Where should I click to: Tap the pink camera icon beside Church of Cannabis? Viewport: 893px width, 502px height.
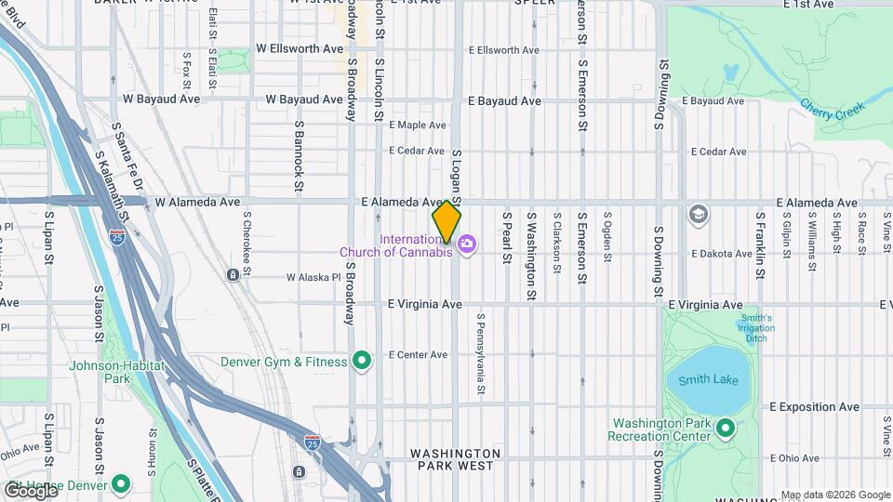click(x=467, y=244)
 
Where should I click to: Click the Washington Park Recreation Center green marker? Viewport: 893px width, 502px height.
click(x=726, y=429)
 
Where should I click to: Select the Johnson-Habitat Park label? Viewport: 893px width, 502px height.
click(x=117, y=372)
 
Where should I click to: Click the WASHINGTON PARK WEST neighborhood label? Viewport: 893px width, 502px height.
click(x=456, y=458)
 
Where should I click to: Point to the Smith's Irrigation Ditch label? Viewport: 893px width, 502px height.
click(x=757, y=328)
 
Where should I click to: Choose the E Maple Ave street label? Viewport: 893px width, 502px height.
click(x=419, y=125)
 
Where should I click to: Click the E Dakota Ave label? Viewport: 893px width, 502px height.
click(x=722, y=253)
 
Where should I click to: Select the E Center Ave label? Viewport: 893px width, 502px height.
click(x=420, y=354)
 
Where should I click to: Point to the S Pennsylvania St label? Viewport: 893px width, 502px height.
click(x=481, y=352)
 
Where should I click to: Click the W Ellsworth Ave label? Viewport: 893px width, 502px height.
click(x=300, y=48)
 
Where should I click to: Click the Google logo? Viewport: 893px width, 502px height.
click(x=30, y=489)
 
